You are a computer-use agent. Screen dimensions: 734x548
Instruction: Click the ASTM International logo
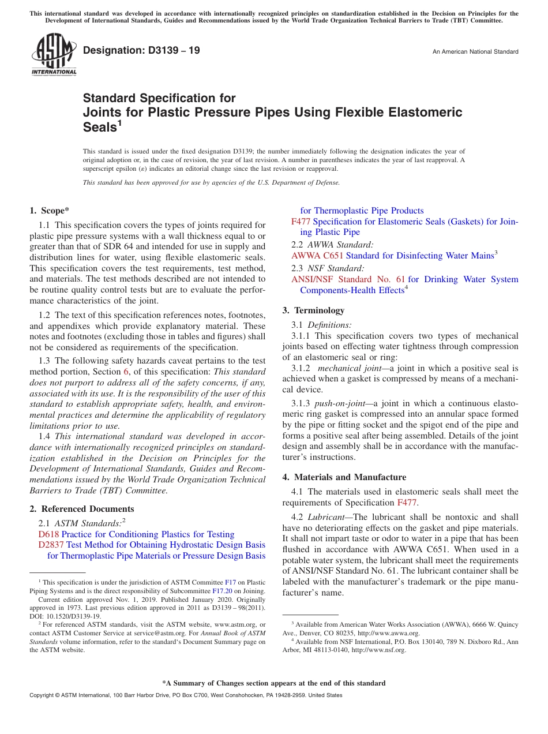click(x=53, y=55)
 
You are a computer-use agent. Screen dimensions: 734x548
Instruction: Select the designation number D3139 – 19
click(x=141, y=50)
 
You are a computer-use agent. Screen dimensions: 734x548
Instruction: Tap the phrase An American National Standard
click(x=475, y=52)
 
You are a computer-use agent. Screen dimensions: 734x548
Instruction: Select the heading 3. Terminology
click(x=313, y=310)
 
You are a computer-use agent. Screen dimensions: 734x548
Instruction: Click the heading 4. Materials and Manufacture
click(x=344, y=477)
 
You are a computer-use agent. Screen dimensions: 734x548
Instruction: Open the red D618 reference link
click(x=48, y=534)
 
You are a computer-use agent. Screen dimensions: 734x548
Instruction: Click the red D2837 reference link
click(x=51, y=545)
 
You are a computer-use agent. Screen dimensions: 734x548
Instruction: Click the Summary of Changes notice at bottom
click(x=273, y=683)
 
